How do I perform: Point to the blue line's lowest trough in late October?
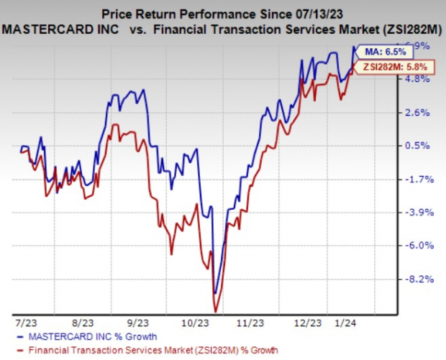tap(214, 292)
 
